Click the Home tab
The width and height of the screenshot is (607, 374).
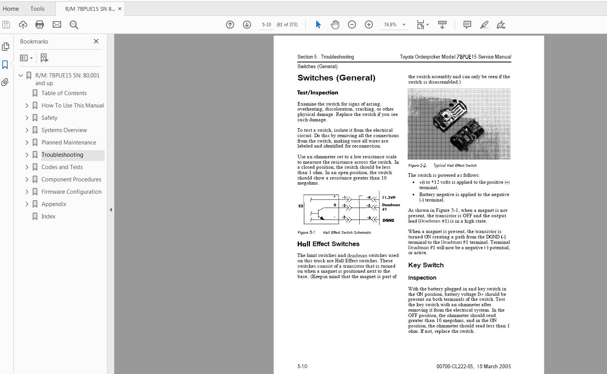(x=11, y=8)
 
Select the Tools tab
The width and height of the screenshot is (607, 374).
(x=37, y=8)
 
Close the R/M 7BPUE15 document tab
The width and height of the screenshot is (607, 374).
(x=120, y=8)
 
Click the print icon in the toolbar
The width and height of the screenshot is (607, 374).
(x=40, y=25)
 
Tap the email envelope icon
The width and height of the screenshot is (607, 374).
(x=57, y=25)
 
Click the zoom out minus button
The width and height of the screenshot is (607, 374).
(x=352, y=25)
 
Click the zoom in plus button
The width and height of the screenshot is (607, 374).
(x=369, y=25)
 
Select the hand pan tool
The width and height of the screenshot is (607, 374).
(x=335, y=25)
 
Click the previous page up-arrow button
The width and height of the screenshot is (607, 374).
(x=230, y=25)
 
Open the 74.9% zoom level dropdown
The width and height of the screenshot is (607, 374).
(x=404, y=25)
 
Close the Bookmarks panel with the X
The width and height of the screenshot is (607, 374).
(x=96, y=41)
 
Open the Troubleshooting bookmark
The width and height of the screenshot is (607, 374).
(x=62, y=155)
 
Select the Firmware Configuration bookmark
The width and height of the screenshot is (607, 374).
(x=72, y=192)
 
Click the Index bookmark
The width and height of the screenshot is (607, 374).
(x=48, y=216)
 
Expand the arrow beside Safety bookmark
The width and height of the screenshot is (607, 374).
(x=27, y=118)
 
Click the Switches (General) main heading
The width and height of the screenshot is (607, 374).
(x=336, y=78)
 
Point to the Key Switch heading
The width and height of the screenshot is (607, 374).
(x=426, y=265)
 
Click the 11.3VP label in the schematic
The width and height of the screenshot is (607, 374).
(x=389, y=198)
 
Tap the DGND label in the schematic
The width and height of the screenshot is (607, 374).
(x=388, y=220)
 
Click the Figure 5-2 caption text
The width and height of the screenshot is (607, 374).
(x=442, y=166)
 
